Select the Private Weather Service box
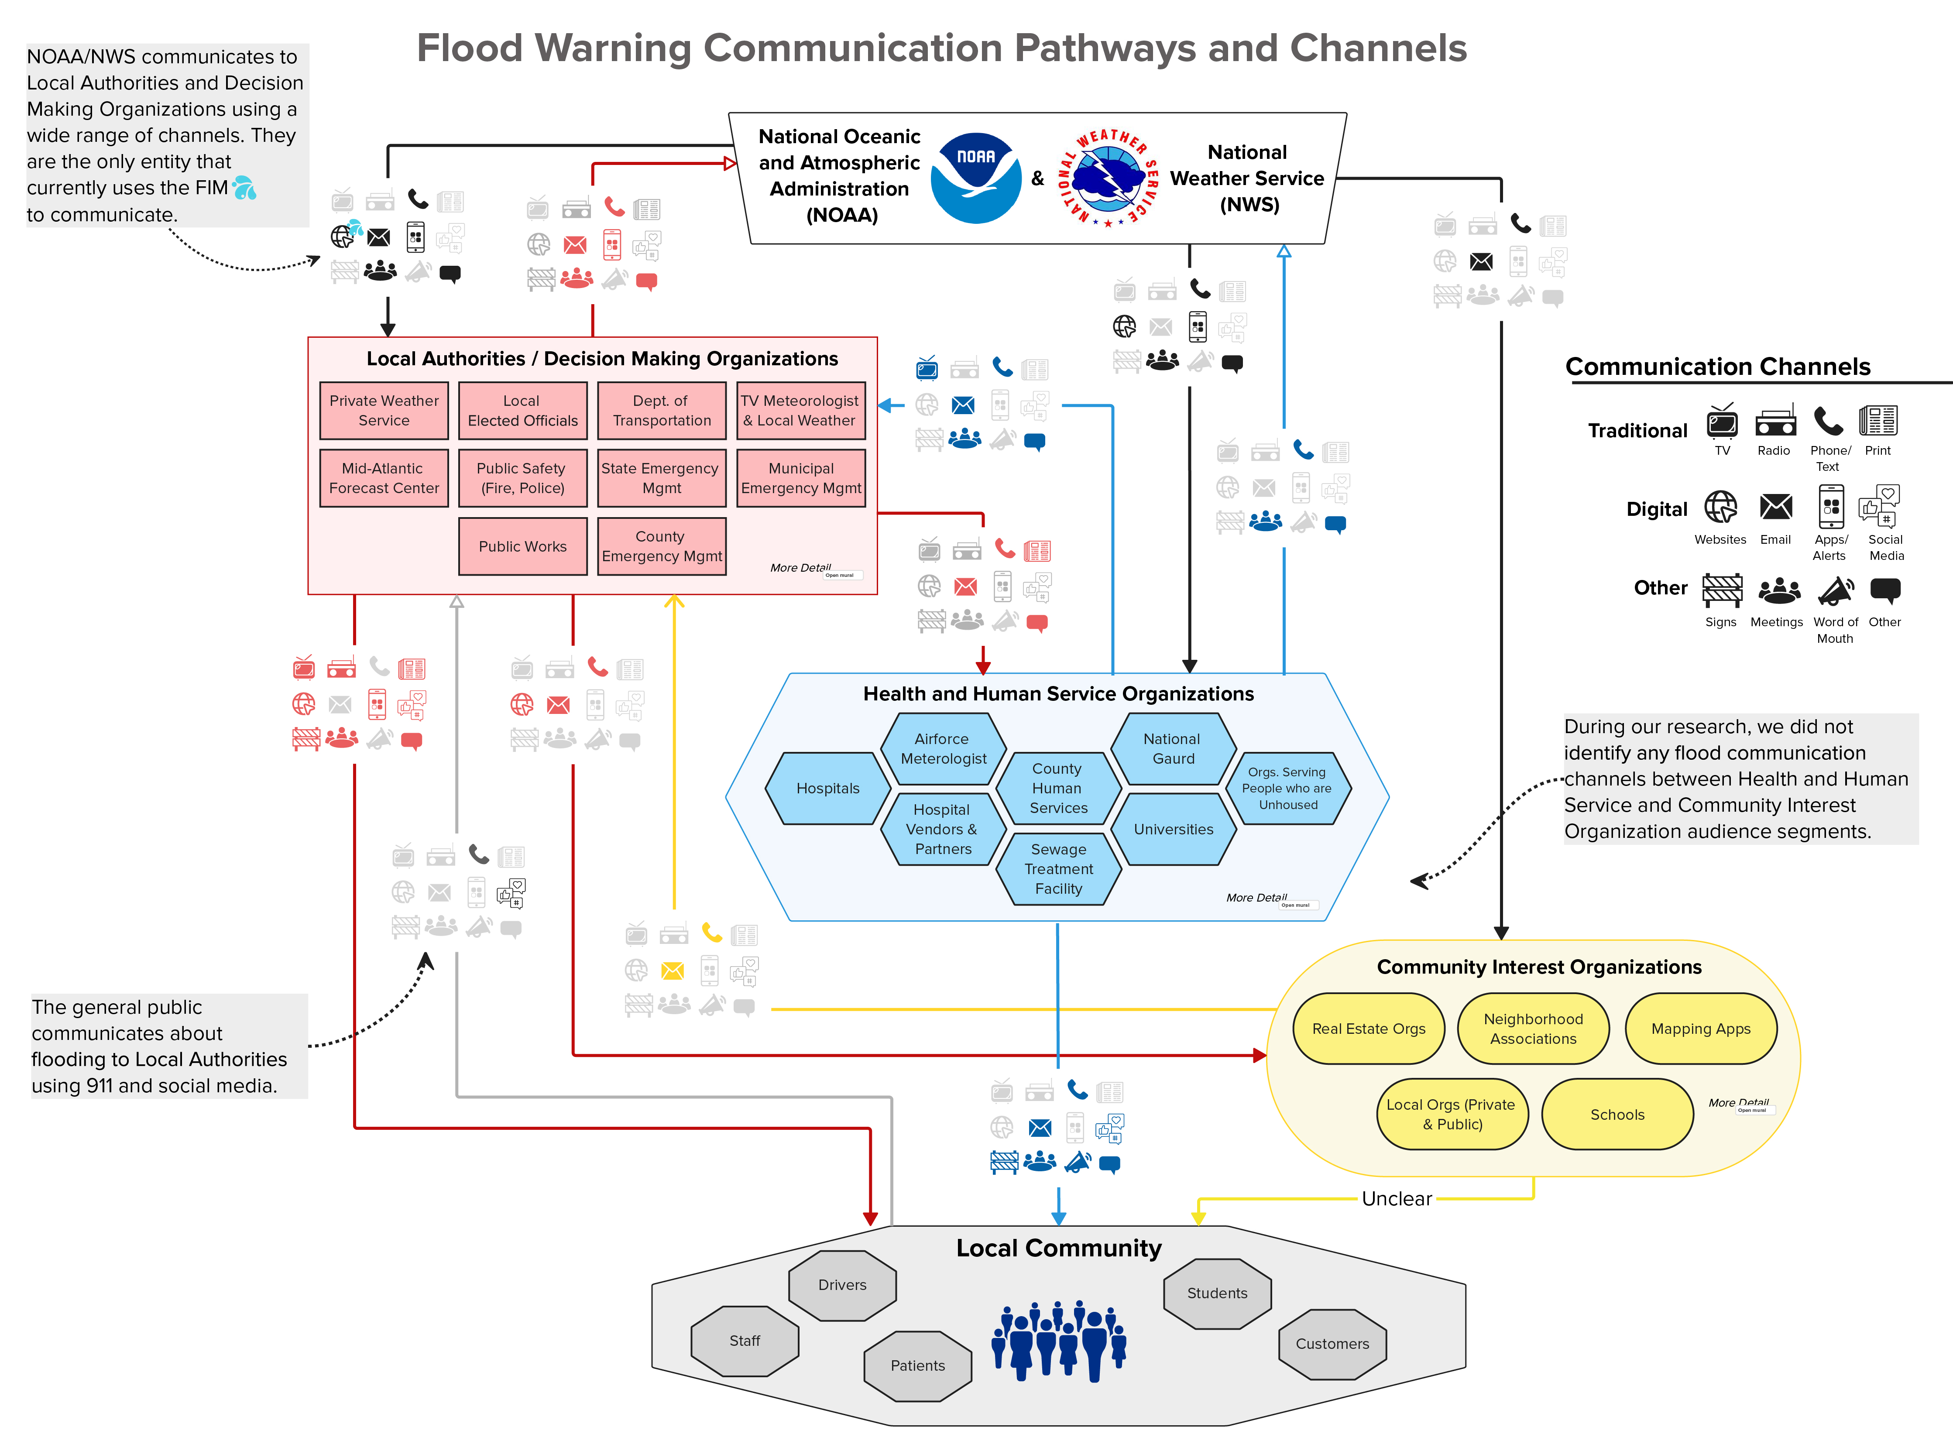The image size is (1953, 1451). click(384, 410)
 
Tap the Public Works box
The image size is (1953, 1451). click(522, 546)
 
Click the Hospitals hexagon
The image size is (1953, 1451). click(827, 788)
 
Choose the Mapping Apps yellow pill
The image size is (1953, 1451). click(1700, 1029)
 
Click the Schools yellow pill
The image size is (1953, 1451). click(1617, 1114)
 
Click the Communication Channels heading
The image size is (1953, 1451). click(1718, 366)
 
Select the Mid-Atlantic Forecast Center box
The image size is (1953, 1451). click(384, 478)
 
